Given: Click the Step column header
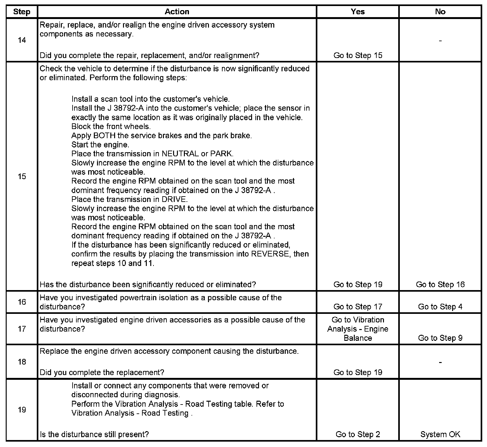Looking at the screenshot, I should pyautogui.click(x=22, y=12).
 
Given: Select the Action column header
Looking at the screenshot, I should pyautogui.click(x=177, y=12).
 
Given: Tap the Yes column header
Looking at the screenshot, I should pyautogui.click(x=358, y=12).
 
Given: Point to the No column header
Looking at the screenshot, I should pyautogui.click(x=440, y=12).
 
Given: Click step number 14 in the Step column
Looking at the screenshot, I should pyautogui.click(x=22, y=40).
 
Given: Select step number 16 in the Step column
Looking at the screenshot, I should pyautogui.click(x=22, y=302).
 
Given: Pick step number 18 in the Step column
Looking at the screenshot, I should pyautogui.click(x=22, y=362).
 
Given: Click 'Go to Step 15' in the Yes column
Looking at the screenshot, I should pyautogui.click(x=358, y=55).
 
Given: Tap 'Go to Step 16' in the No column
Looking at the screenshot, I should pyautogui.click(x=440, y=284).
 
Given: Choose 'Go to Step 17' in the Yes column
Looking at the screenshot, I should pyautogui.click(x=358, y=307).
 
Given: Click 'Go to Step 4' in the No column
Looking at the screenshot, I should pyautogui.click(x=440, y=307).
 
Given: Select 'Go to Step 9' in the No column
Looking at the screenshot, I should pyautogui.click(x=440, y=338).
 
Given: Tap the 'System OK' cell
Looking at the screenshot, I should pyautogui.click(x=440, y=434).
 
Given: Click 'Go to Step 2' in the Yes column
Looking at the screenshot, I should pyautogui.click(x=358, y=434).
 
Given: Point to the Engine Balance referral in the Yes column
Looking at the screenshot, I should pyautogui.click(x=358, y=329).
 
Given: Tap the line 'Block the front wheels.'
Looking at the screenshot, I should pyautogui.click(x=111, y=126).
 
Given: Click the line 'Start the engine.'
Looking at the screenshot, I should pyautogui.click(x=100, y=145).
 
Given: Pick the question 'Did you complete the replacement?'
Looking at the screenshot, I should pyautogui.click(x=102, y=372).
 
